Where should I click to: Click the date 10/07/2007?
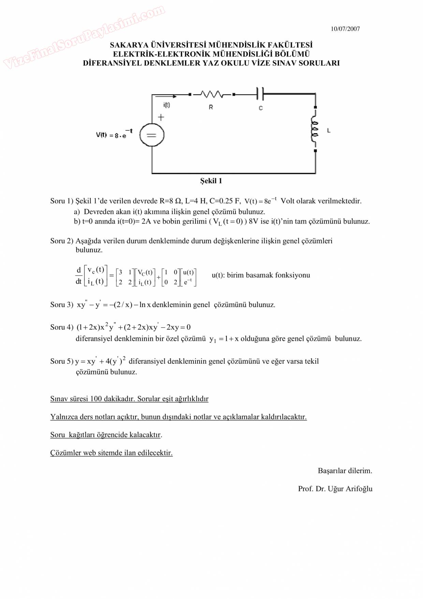345,29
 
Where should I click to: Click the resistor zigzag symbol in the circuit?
211,94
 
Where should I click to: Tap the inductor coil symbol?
315,129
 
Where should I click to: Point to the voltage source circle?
151,135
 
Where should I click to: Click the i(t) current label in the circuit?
166,105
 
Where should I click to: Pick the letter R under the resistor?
211,107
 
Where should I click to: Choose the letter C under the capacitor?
261,108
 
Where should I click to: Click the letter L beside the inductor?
329,130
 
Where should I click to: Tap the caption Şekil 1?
211,181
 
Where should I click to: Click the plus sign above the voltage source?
161,117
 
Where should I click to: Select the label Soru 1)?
62,201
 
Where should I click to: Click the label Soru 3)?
62,305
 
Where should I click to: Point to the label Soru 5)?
62,361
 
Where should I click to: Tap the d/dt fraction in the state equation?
78,276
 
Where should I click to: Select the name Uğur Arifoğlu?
350,489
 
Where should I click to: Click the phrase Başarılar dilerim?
345,471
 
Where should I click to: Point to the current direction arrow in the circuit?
165,96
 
